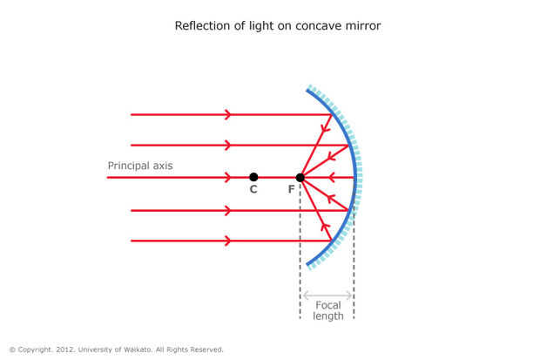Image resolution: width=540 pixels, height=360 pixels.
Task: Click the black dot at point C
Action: tap(253, 177)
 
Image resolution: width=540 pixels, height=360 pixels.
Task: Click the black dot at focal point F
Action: tap(300, 178)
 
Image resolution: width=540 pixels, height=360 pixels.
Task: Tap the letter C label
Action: tap(253, 189)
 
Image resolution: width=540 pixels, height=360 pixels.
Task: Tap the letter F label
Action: tap(292, 189)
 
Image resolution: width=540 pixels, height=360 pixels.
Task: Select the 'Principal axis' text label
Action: tap(140, 166)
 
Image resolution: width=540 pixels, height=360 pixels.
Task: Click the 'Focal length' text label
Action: tap(328, 310)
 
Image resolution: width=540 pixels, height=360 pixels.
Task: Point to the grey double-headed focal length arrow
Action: tap(327, 295)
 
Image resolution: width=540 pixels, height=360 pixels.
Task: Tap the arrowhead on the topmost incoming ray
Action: tap(227, 114)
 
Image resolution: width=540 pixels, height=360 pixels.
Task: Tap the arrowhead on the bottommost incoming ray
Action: tap(227, 241)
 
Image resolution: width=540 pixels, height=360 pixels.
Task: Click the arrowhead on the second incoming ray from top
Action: tap(227, 146)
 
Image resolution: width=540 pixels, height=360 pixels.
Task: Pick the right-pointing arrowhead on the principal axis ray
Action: tap(227, 178)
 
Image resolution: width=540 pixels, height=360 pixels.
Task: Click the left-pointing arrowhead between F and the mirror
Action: tap(331, 178)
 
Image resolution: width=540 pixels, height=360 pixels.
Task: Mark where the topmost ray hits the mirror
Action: tap(332, 114)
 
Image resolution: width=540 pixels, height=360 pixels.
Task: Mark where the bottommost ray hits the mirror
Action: tap(332, 241)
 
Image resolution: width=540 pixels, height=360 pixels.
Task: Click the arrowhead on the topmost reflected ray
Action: tap(325, 128)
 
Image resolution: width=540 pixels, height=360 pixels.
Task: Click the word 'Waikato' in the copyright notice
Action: tap(138, 350)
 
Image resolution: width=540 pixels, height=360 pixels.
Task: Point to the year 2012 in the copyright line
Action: tap(65, 350)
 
